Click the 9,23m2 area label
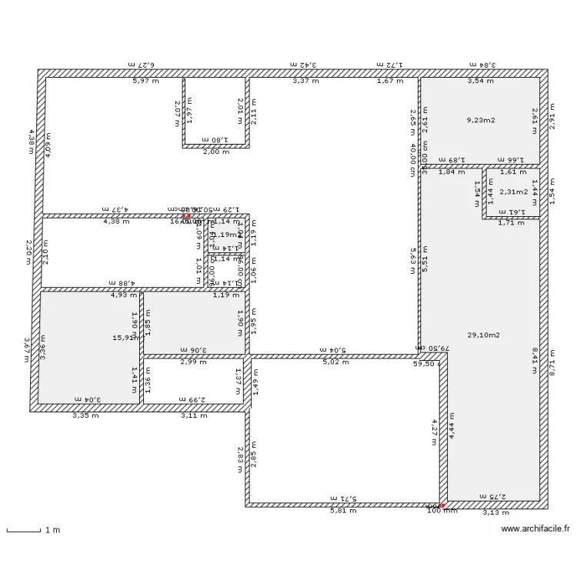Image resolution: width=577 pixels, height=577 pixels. tap(481, 120)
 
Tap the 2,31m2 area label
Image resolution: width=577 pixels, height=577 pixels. tap(514, 192)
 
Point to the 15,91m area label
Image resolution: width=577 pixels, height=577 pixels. tap(125, 337)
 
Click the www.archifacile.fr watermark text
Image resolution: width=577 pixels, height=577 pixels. tap(535, 529)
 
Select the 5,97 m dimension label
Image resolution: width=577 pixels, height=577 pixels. tap(146, 81)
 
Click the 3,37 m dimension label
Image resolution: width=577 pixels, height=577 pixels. tap(305, 81)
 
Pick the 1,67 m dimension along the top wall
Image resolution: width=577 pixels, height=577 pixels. tap(390, 81)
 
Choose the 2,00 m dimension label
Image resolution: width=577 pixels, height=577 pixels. tap(216, 152)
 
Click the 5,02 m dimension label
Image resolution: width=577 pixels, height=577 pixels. tap(335, 362)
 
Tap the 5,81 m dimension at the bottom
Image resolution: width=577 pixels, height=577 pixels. tap(343, 511)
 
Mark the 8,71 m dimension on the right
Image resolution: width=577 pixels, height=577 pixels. tap(552, 359)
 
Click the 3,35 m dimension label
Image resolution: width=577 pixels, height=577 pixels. tap(85, 415)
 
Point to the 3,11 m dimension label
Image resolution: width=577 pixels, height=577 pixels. tap(194, 415)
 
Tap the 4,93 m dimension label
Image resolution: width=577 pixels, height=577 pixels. tap(123, 295)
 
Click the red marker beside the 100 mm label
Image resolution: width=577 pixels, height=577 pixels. tap(442, 505)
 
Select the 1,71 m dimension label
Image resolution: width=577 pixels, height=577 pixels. tap(510, 224)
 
